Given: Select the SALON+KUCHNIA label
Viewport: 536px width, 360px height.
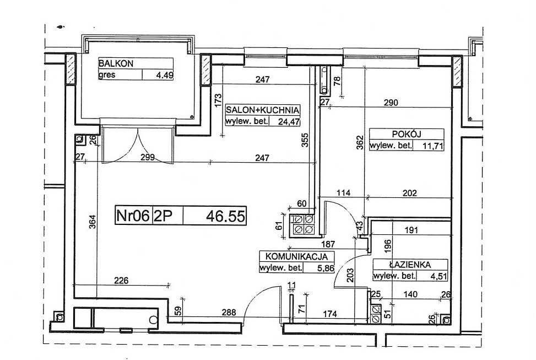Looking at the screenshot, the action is coord(263,110).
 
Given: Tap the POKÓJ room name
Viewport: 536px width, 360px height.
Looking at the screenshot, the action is coord(407,134).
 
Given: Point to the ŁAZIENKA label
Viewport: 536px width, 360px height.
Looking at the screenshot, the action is coord(410,265).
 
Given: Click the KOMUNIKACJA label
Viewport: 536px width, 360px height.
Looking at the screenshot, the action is coord(297,256).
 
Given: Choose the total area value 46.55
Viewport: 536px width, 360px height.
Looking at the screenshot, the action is coord(226,216).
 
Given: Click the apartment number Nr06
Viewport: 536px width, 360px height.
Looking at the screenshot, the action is coord(133,216).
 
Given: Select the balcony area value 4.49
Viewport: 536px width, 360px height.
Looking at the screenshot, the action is coord(165,75).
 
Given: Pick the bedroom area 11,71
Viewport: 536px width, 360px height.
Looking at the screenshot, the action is coord(433,147).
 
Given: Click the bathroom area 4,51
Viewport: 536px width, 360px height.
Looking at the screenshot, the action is coord(439,276).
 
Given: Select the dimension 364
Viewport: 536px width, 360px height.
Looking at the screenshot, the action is coord(93,222).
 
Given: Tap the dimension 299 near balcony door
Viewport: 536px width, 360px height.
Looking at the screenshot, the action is coord(148,158).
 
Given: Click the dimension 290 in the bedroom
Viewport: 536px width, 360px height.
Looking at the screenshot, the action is coord(391,103).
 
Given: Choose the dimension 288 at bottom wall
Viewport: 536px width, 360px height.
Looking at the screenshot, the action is coord(229,313).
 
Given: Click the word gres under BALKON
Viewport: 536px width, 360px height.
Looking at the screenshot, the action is coord(107,75).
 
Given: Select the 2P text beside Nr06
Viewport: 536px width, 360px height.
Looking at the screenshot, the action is coord(163,216).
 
